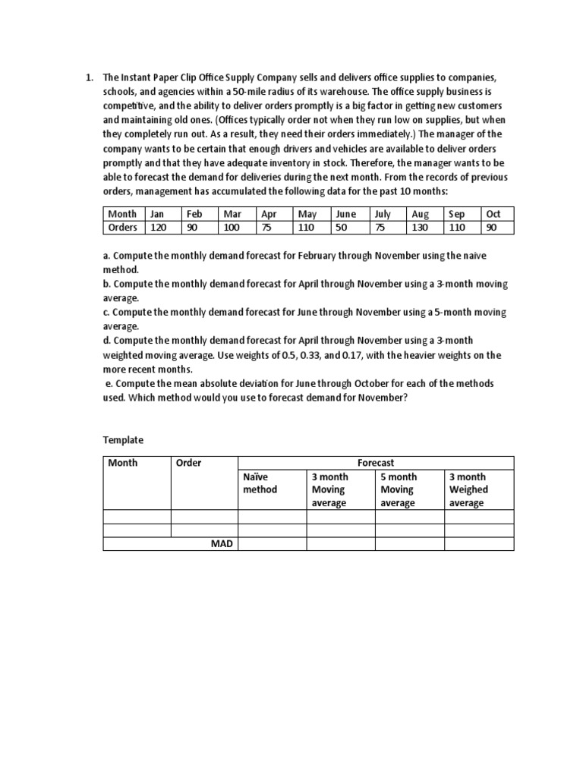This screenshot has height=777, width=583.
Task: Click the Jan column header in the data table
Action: pos(157,214)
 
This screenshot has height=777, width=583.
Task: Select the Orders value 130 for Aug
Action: pos(419,227)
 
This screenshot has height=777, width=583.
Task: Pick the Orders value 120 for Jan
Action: pos(158,227)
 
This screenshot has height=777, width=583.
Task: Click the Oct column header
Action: pos(493,214)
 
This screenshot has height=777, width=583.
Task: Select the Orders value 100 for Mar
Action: pos(232,227)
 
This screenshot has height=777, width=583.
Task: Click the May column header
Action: pos(307,214)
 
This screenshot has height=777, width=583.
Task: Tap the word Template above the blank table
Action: pos(123,439)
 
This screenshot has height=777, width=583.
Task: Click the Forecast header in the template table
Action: pos(376,462)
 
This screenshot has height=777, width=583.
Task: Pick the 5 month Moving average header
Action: pos(398,489)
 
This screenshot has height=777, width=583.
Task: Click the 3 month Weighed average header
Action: pos(468,489)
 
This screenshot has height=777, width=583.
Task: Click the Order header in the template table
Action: pos(189,462)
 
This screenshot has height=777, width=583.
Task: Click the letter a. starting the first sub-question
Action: pos(107,256)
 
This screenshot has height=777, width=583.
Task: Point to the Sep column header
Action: pos(457,214)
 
